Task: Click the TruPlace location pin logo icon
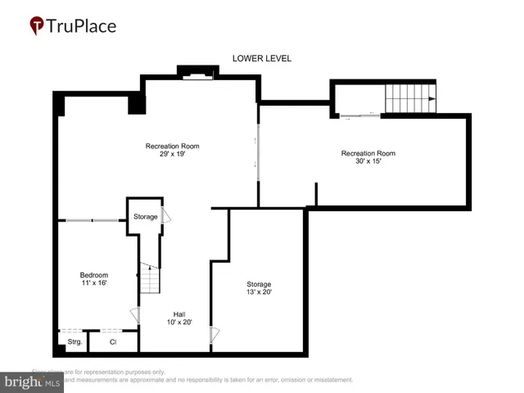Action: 37,26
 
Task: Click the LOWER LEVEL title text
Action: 262,58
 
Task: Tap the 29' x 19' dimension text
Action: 172,154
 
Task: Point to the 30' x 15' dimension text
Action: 368,161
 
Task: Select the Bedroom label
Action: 93,274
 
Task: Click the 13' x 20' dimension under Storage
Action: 259,292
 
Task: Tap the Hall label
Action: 178,314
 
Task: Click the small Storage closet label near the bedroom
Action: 145,217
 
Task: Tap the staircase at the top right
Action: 412,99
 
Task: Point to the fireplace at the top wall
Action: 198,75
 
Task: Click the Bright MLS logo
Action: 33,381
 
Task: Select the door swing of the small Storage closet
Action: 166,216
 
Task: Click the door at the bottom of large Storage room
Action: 215,334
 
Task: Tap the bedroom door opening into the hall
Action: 135,314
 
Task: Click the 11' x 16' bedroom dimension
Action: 93,283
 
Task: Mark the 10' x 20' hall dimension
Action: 178,323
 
